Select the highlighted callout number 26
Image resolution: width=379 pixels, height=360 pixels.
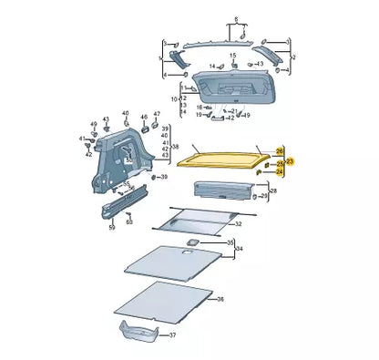tap(280, 149)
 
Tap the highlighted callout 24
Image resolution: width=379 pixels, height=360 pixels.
tap(280, 170)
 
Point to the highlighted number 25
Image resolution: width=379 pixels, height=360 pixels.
tap(280, 161)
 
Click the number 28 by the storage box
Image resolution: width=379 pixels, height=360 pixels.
tap(274, 192)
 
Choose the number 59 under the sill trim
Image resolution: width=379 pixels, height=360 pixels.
tap(112, 227)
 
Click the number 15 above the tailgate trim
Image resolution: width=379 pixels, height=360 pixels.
tap(232, 57)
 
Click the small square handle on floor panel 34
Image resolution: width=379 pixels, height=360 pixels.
tap(193, 241)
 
